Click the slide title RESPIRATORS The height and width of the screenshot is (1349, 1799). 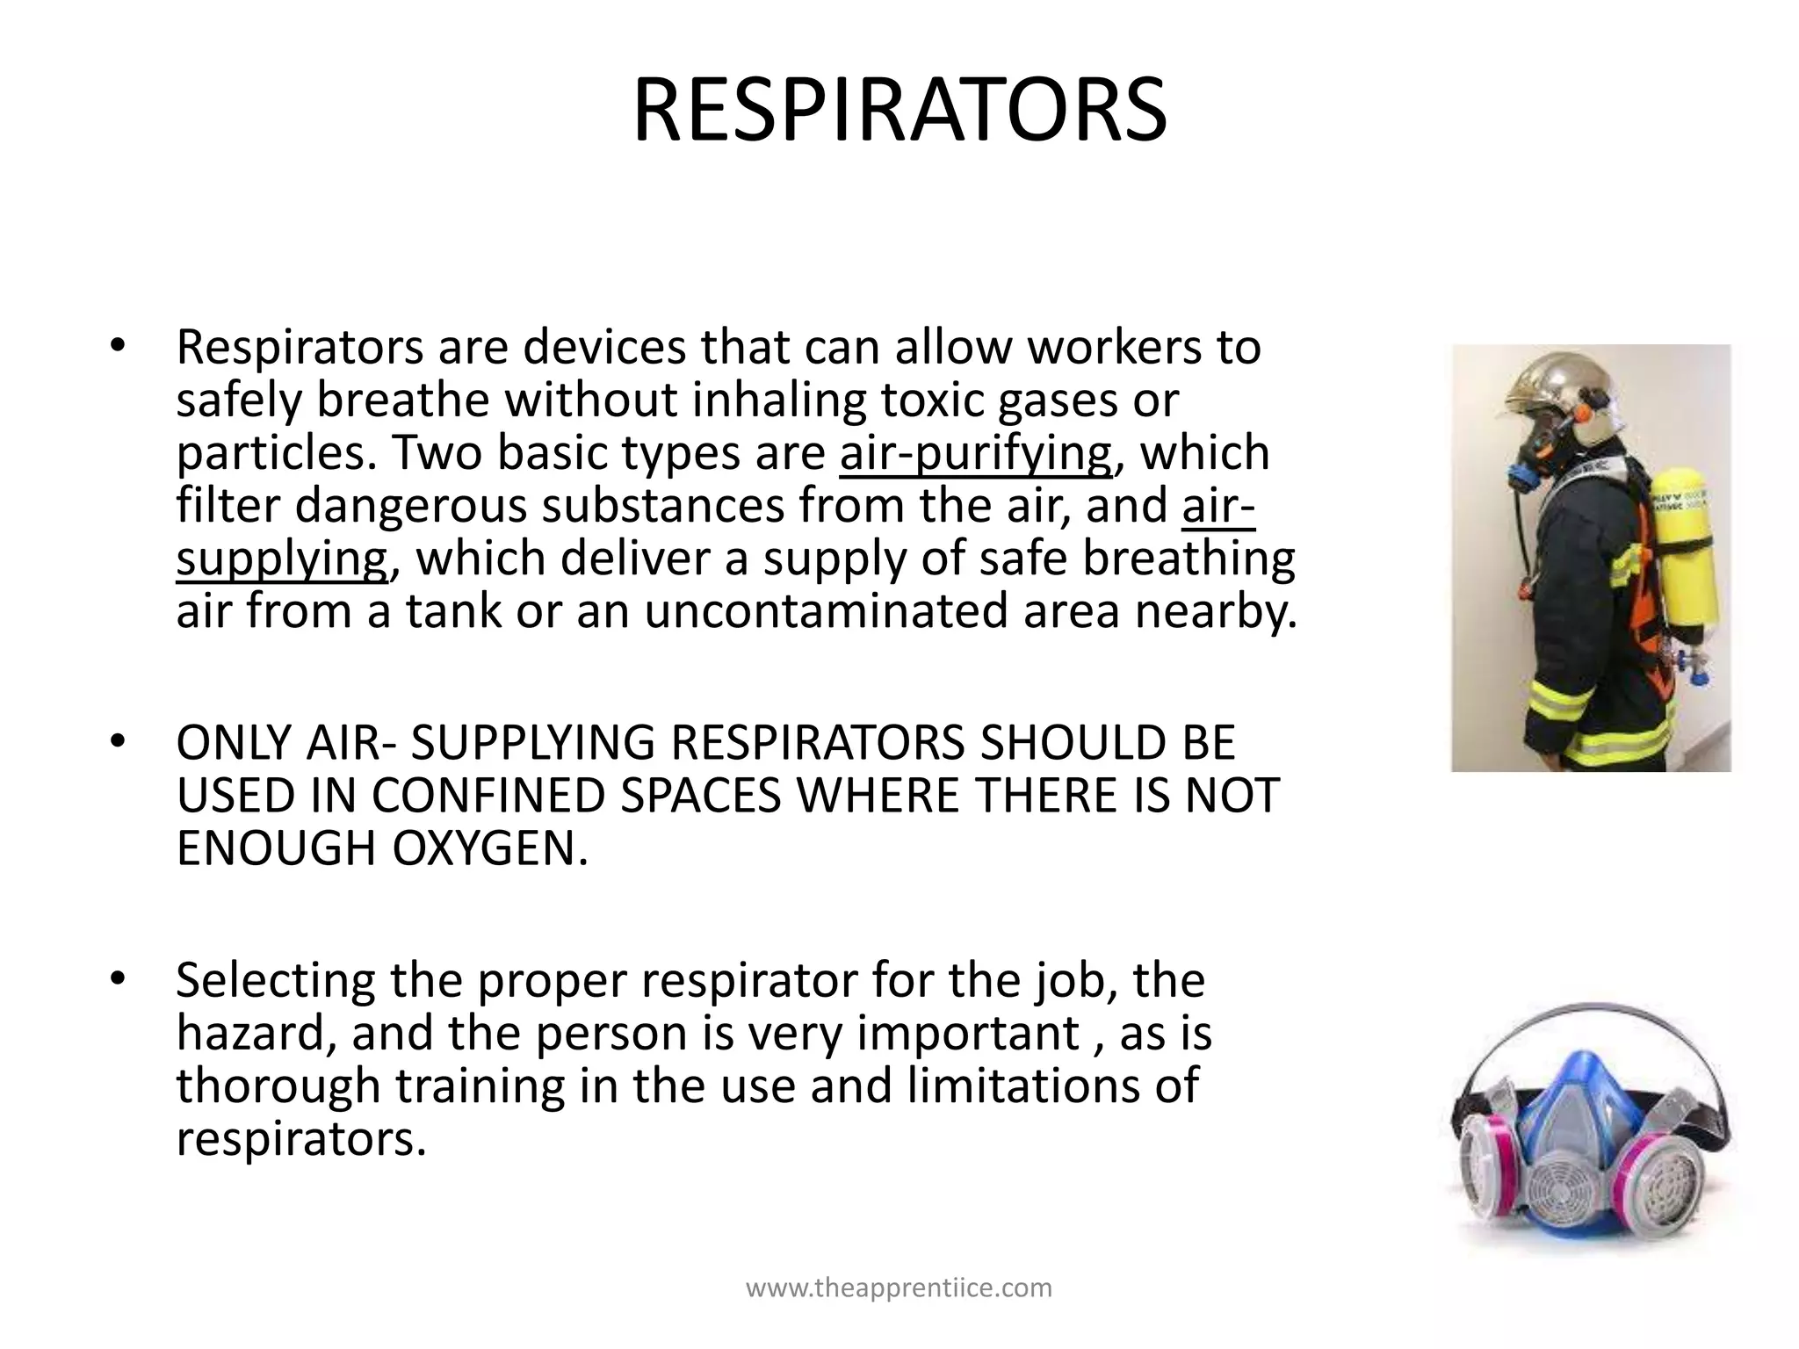pos(899,111)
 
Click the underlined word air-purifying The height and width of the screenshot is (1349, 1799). pos(975,453)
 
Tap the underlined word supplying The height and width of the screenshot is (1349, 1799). pos(281,559)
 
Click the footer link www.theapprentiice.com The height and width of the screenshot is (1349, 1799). pos(899,1288)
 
